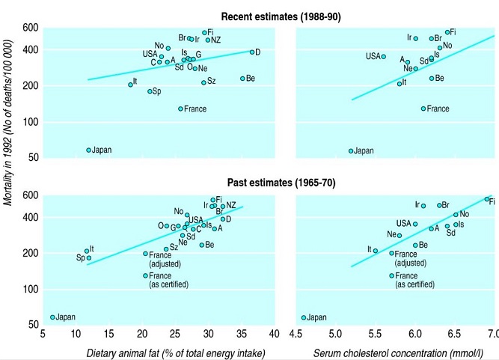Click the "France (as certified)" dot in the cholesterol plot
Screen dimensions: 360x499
pyautogui.click(x=391, y=275)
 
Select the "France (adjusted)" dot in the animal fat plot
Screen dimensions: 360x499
pyautogui.click(x=146, y=254)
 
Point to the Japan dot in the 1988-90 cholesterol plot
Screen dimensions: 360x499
pyautogui.click(x=350, y=150)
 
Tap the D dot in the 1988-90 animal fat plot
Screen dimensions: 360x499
pyautogui.click(x=252, y=52)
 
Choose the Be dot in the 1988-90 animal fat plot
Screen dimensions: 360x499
pyautogui.click(x=242, y=78)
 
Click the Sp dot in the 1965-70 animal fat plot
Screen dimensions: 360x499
pyautogui.click(x=89, y=258)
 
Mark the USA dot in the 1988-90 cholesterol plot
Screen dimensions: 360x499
pyautogui.click(x=384, y=56)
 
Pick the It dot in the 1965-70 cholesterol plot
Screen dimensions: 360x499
pyautogui.click(x=375, y=251)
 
